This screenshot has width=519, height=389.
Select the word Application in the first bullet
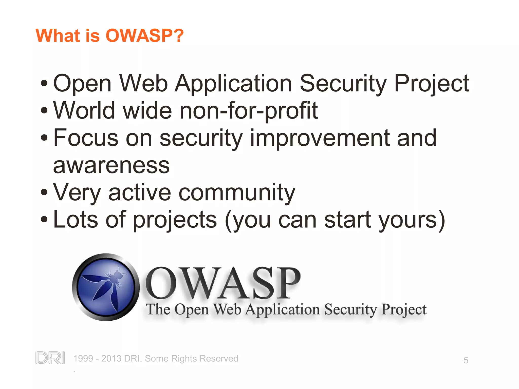[x=233, y=84]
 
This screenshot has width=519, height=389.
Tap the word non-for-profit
[x=248, y=111]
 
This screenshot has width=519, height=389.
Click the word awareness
[x=112, y=166]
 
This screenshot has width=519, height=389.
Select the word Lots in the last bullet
[x=76, y=220]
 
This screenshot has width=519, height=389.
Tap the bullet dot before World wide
[x=44, y=110]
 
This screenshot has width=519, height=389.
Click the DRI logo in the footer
[x=50, y=358]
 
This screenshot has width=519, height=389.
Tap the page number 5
[x=466, y=360]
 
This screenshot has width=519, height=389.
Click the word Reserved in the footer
[x=218, y=359]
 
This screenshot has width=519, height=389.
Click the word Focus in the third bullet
[x=86, y=138]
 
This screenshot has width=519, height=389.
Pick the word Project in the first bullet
[x=432, y=84]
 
